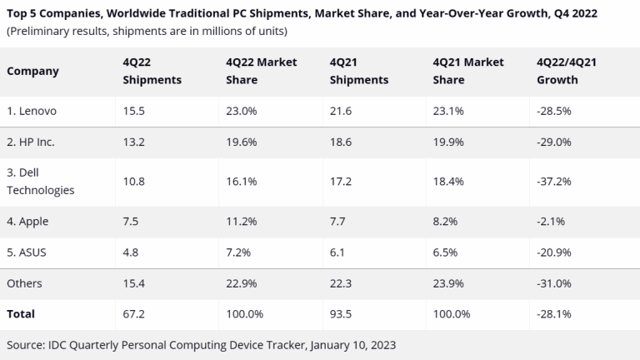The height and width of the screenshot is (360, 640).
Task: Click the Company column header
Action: pos(32,71)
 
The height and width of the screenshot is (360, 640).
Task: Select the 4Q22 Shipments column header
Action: pos(152,71)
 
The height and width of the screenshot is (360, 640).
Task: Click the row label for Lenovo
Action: pos(34,111)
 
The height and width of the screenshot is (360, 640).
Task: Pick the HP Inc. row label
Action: pos(31,142)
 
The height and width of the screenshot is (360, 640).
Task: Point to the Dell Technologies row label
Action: pos(40,181)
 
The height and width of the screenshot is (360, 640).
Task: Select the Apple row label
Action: pos(29,221)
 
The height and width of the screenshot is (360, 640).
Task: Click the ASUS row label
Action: pos(27,252)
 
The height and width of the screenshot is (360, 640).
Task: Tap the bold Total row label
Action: pos(22,313)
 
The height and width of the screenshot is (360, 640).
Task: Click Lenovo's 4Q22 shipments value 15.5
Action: pos(132,111)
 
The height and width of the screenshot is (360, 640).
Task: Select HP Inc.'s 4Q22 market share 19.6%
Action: pos(241,142)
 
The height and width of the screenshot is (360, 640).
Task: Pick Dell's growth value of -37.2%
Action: pos(556,181)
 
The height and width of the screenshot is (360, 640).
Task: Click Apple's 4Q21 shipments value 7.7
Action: pos(337,221)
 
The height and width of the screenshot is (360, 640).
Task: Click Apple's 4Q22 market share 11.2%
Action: pos(241,221)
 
